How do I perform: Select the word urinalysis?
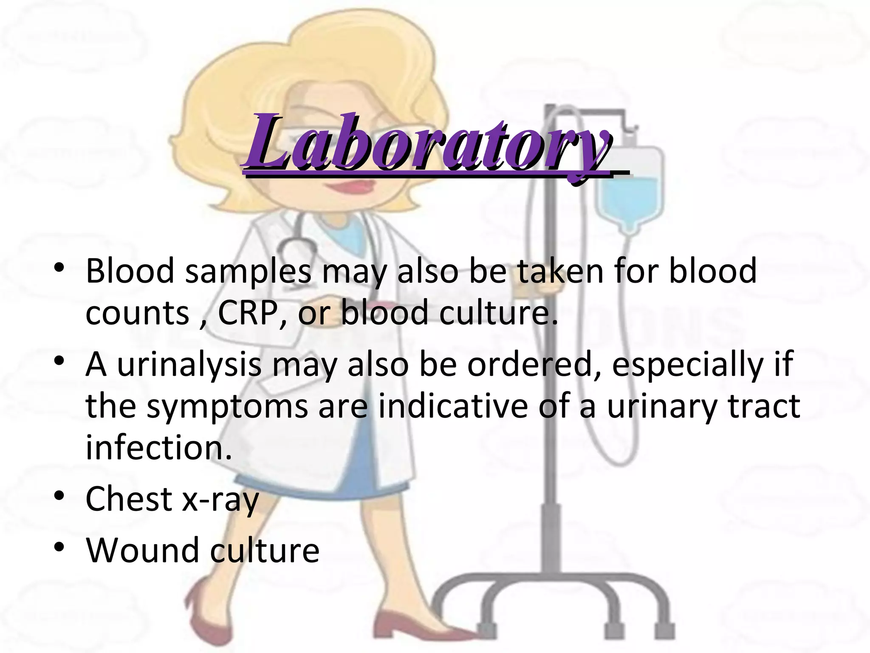(189, 364)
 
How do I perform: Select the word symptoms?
(227, 407)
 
